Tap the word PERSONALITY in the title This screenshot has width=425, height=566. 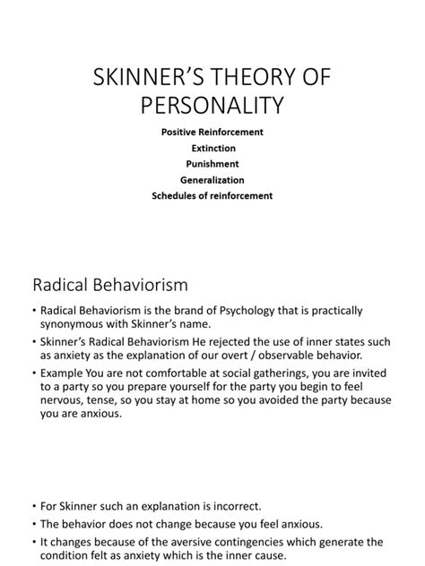pos(212,105)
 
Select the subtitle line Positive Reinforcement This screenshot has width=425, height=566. pos(212,132)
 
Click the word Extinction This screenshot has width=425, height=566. pos(212,148)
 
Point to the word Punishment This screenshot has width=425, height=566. pos(212,164)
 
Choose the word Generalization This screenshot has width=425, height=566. pos(212,179)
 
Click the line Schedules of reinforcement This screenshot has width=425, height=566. pos(212,195)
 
